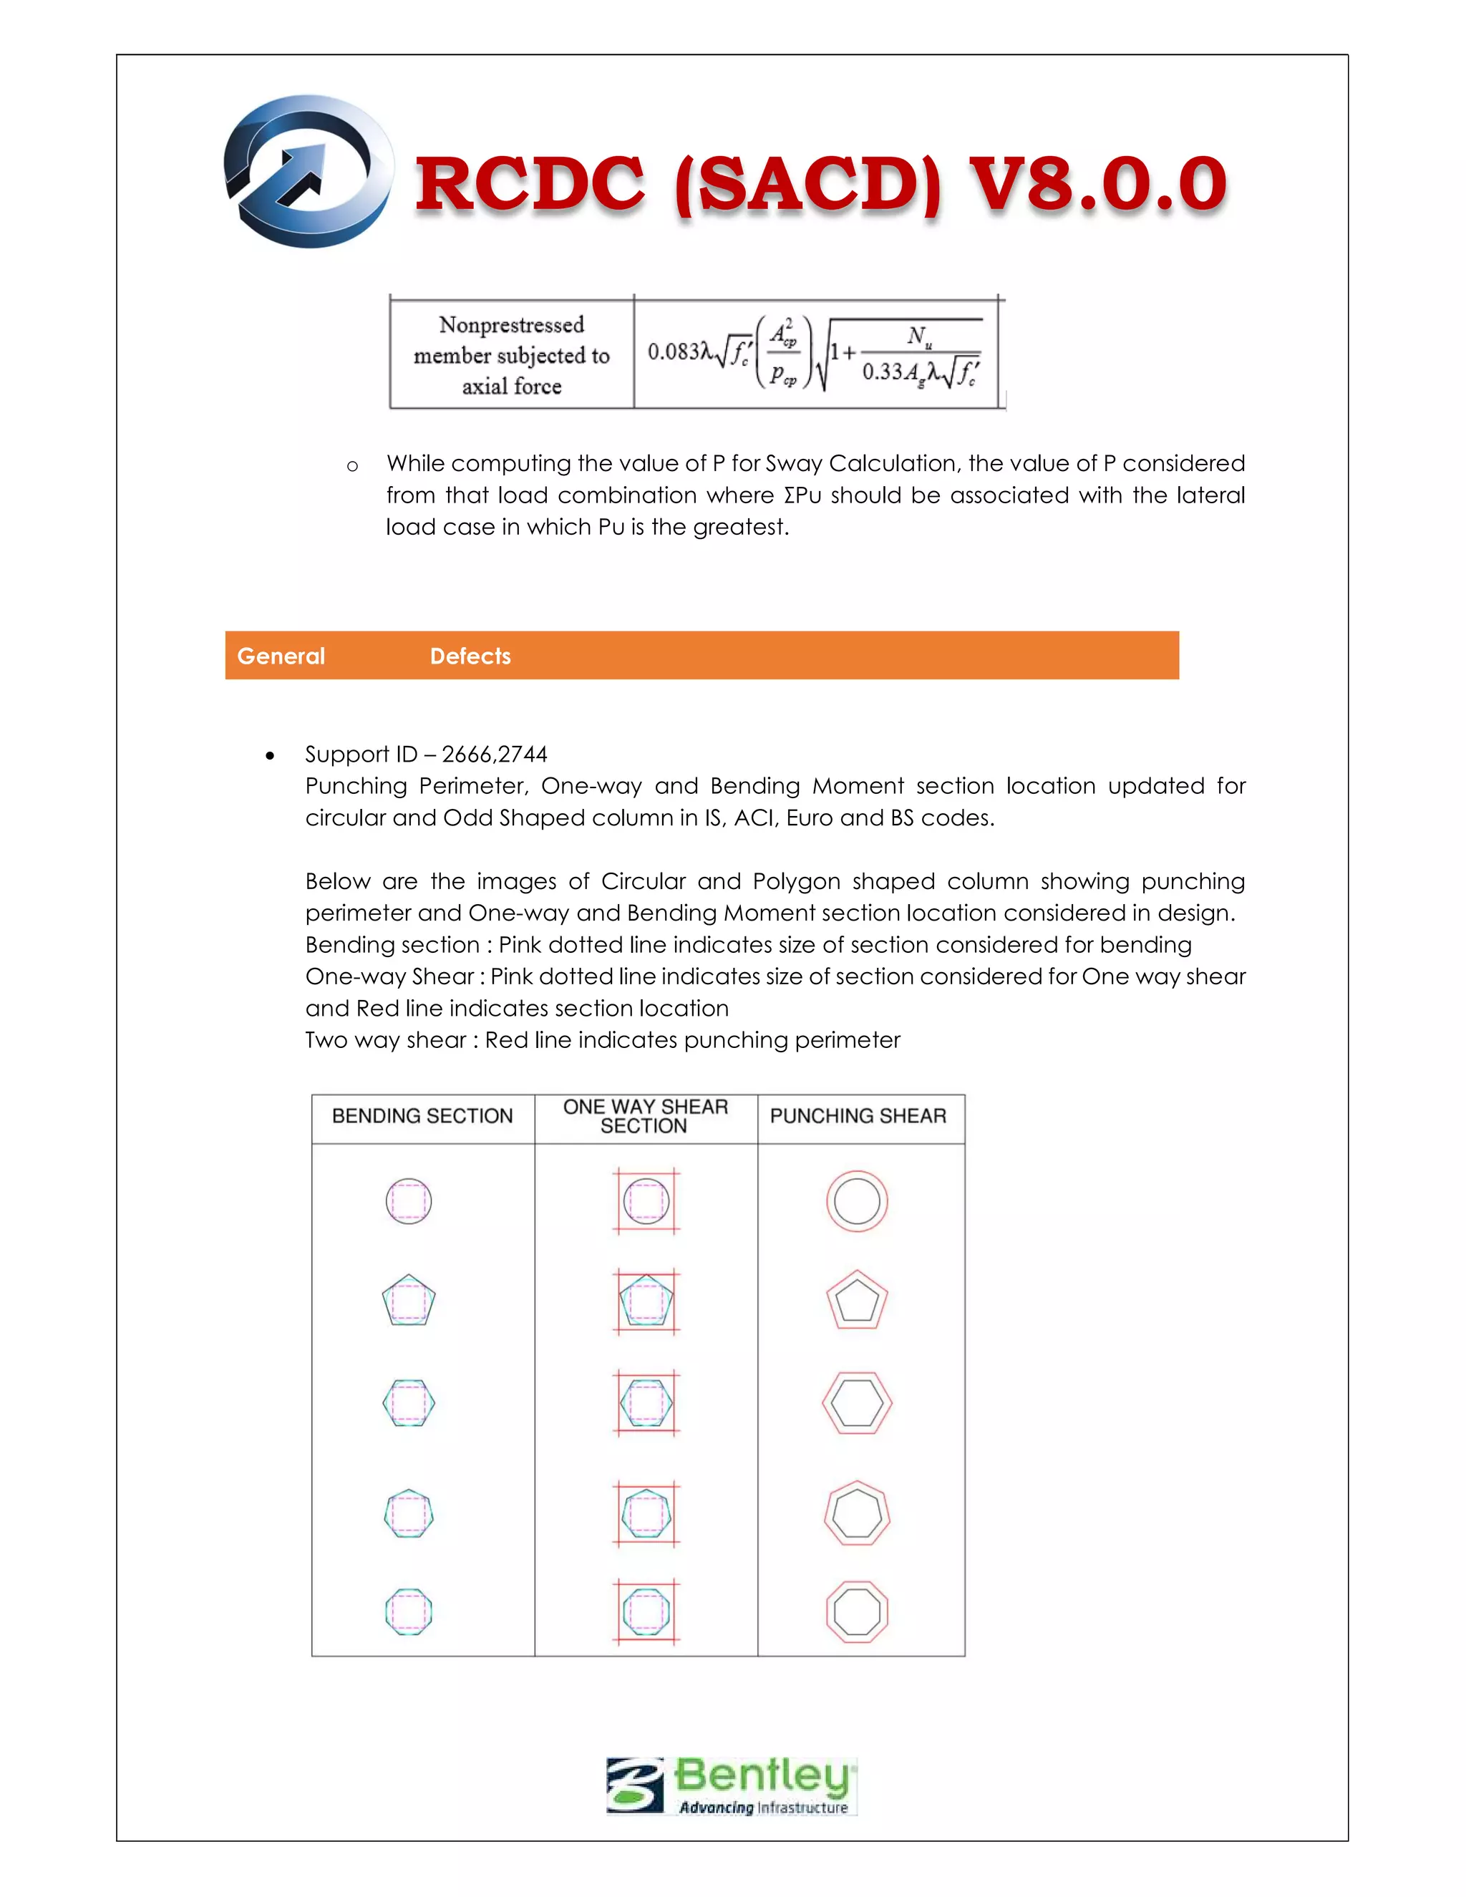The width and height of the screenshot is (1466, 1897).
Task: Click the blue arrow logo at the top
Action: [309, 171]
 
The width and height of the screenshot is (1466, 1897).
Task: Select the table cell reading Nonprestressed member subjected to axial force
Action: [512, 354]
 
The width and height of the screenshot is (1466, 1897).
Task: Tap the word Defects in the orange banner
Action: [470, 656]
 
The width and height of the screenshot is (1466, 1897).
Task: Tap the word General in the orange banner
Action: [281, 656]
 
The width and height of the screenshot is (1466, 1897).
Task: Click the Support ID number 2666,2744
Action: [494, 754]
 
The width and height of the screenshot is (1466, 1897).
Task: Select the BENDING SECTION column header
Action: [422, 1116]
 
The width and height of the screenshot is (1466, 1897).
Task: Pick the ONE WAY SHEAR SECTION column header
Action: [645, 1116]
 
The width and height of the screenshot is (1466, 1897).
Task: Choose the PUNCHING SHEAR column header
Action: [858, 1116]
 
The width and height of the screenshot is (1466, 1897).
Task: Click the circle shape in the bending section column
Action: [408, 1201]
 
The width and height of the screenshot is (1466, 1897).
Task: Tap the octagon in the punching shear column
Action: [856, 1612]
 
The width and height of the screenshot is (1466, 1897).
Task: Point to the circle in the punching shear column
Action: [856, 1201]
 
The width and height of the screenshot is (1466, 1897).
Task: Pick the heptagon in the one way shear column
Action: [645, 1514]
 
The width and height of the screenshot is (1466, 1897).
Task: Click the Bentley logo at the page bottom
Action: [732, 1786]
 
